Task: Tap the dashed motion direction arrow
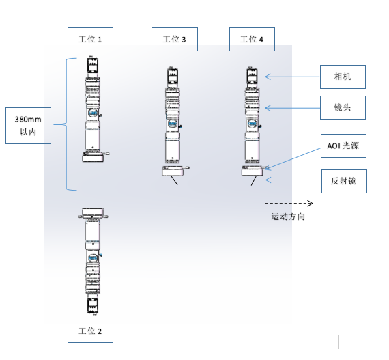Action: [x=289, y=204]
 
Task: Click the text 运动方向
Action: [x=288, y=217]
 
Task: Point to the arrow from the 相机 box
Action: [x=293, y=77]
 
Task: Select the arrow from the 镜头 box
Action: [x=293, y=108]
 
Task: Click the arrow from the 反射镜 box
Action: [x=293, y=180]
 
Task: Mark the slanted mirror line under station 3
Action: [x=175, y=180]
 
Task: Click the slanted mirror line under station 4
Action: [x=254, y=181]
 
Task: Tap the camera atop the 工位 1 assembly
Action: [x=93, y=66]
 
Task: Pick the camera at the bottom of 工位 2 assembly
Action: [x=93, y=305]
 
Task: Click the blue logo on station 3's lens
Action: [x=173, y=124]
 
